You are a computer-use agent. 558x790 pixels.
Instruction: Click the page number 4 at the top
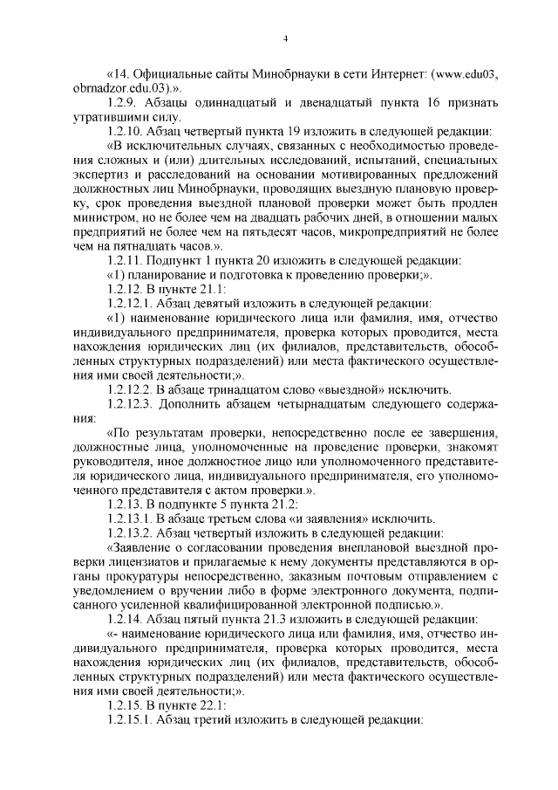[285, 38]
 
